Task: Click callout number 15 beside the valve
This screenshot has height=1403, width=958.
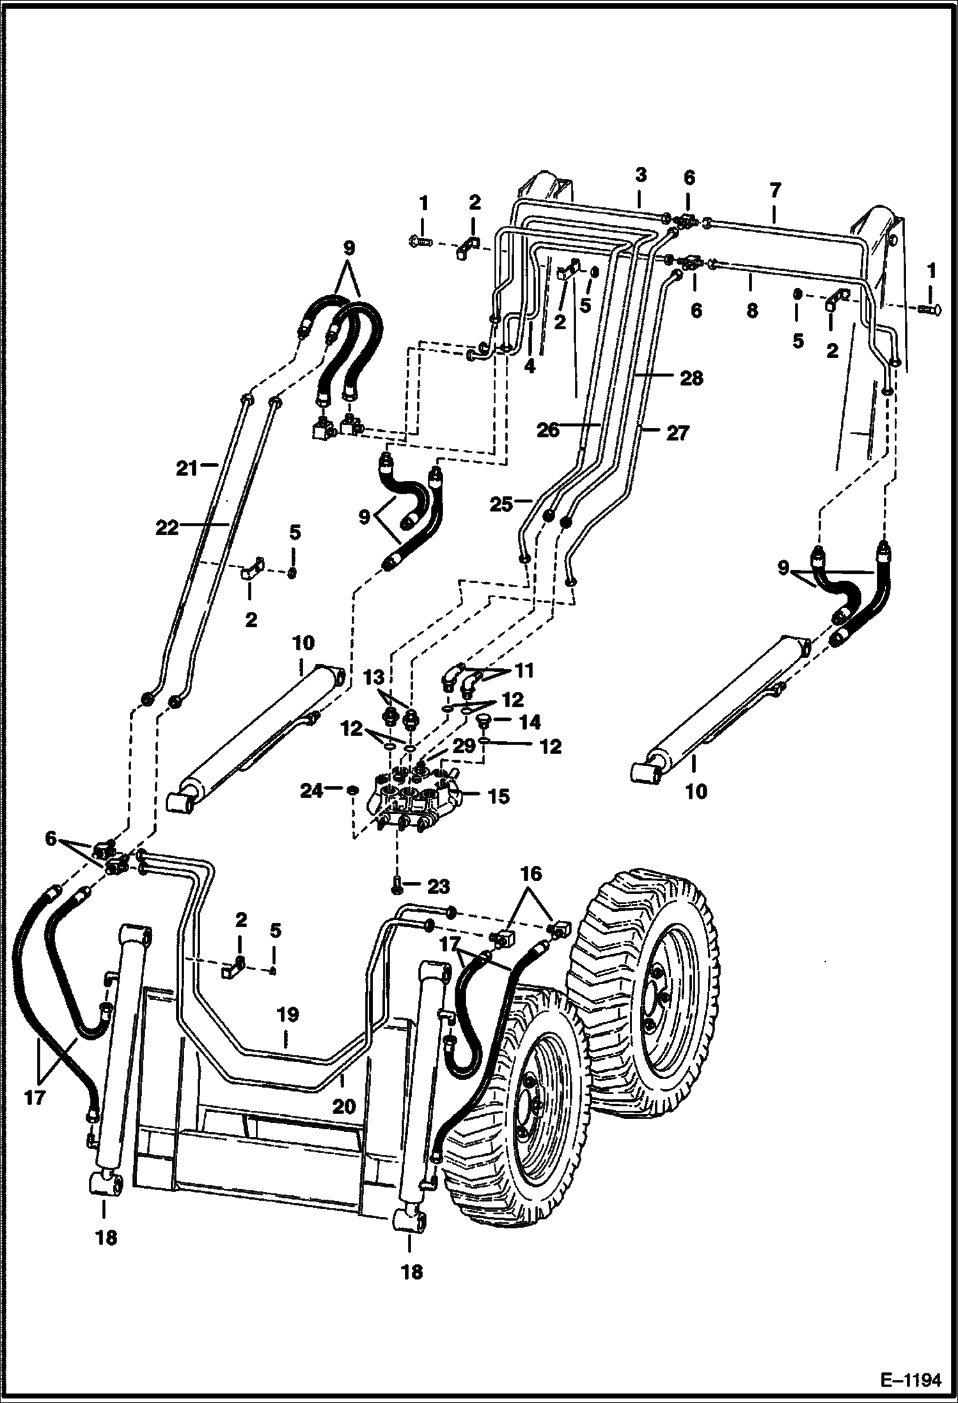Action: [499, 796]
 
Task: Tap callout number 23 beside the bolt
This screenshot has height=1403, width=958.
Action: [439, 886]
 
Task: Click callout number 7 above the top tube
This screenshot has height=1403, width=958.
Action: [775, 190]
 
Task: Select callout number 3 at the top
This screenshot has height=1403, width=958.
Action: [641, 175]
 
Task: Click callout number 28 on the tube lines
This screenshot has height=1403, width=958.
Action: [692, 378]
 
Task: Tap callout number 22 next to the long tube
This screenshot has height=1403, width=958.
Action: [168, 528]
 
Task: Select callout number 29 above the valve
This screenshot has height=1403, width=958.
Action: [466, 746]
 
